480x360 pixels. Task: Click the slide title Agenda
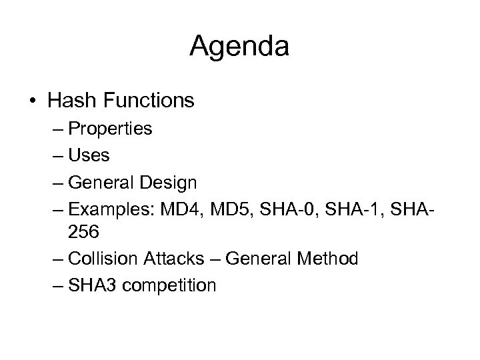click(x=239, y=47)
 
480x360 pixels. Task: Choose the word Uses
click(x=89, y=155)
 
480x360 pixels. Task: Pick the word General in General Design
click(x=101, y=181)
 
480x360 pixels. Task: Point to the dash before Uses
click(x=55, y=155)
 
